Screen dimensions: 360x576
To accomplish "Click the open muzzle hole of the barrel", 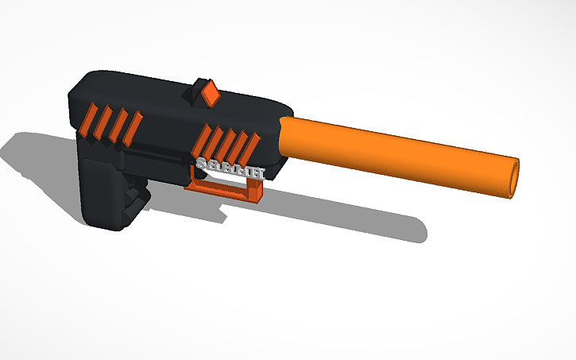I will click(x=514, y=179).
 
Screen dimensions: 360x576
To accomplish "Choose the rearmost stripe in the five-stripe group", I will click(x=203, y=141).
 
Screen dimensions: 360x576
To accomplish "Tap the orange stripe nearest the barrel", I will click(x=253, y=146).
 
